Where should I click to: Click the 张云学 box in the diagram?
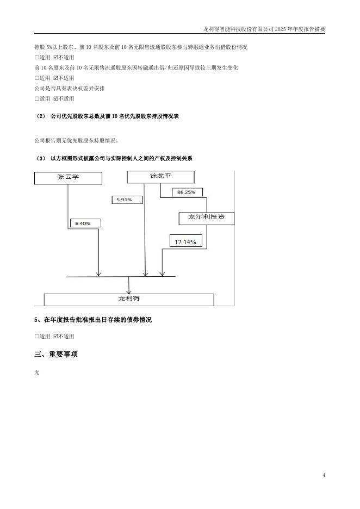pyautogui.click(x=68, y=178)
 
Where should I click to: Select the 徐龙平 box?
pyautogui.click(x=160, y=177)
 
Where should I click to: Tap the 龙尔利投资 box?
pyautogui.click(x=207, y=218)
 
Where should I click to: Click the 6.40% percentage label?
pyautogui.click(x=84, y=224)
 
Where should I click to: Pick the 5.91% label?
pyautogui.click(x=127, y=200)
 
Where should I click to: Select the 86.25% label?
pyautogui.click(x=187, y=192)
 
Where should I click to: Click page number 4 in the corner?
pyautogui.click(x=324, y=475)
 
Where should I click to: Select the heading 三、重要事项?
pyautogui.click(x=56, y=355)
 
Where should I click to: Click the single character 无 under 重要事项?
pyautogui.click(x=37, y=373)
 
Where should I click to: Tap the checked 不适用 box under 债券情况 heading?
pyautogui.click(x=55, y=337)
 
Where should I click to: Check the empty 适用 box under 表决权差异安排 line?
pyautogui.click(x=37, y=99)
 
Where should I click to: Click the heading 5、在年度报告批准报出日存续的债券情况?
pyautogui.click(x=93, y=320)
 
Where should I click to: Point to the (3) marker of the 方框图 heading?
pyautogui.click(x=41, y=158)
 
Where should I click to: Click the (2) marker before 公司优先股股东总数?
pyautogui.click(x=41, y=116)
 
